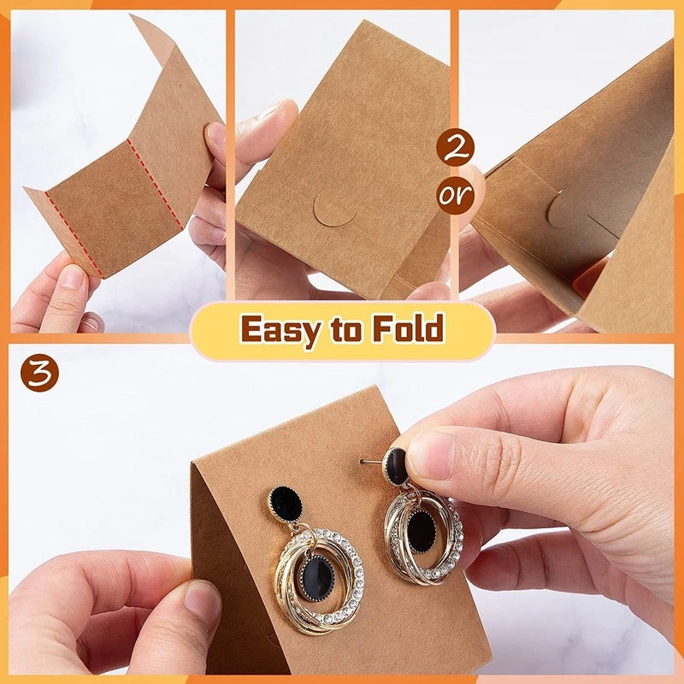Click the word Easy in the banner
tap(279, 329)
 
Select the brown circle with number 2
tap(455, 147)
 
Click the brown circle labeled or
tap(455, 195)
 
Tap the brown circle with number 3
tap(39, 373)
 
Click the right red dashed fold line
tap(155, 183)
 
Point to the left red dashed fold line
tap(74, 234)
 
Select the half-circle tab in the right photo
tap(563, 209)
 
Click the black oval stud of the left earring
tap(285, 504)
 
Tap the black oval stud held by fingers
tap(395, 466)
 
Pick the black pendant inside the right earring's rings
tap(421, 530)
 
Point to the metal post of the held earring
tap(371, 462)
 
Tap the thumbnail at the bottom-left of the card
tap(202, 600)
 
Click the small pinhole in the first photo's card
tap(180, 85)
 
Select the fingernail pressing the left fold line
tap(70, 277)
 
